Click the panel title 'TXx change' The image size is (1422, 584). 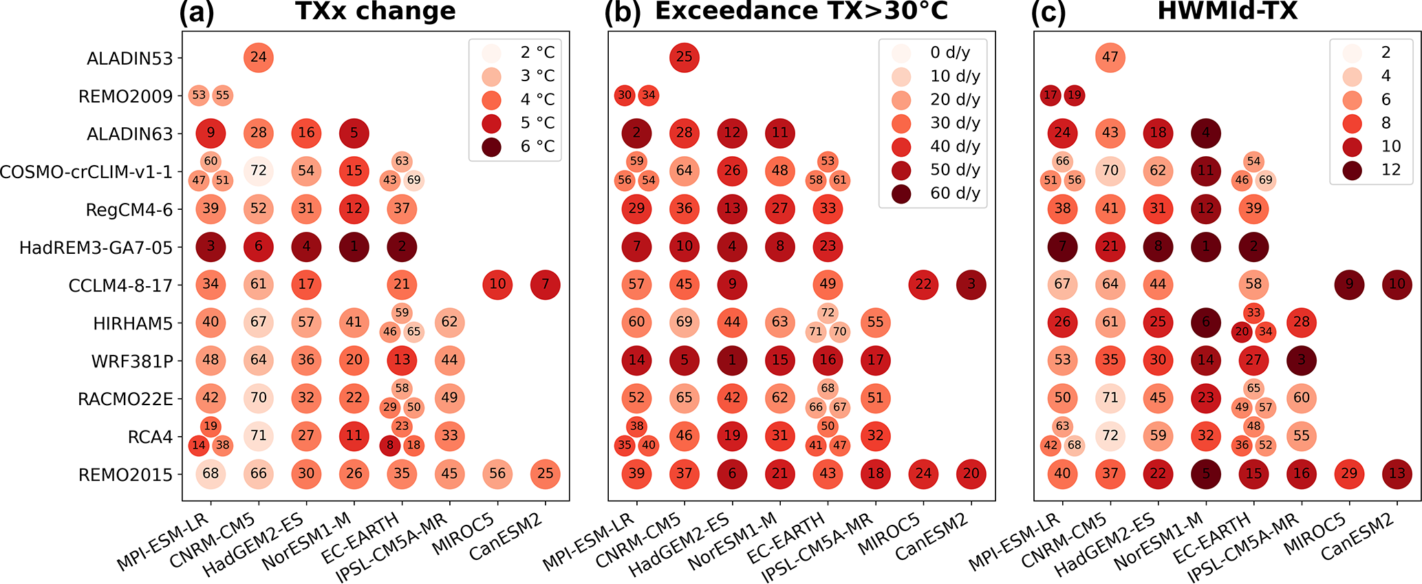tap(375, 11)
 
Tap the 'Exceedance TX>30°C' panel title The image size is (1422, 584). tap(801, 11)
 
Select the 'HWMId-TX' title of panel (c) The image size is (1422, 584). tap(1227, 11)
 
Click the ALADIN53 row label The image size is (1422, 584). tap(130, 58)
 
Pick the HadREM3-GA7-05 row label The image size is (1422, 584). tap(96, 247)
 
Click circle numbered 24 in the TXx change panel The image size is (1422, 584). tap(258, 57)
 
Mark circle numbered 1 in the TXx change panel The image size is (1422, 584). tap(354, 247)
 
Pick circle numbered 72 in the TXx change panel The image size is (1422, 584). tap(258, 171)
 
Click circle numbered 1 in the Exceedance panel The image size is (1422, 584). tap(732, 360)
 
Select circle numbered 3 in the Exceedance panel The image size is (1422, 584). tap(971, 284)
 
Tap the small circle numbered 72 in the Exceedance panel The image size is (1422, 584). tap(828, 313)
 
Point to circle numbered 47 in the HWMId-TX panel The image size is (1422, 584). tap(1110, 57)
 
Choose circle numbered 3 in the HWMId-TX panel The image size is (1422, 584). tap(1302, 360)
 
